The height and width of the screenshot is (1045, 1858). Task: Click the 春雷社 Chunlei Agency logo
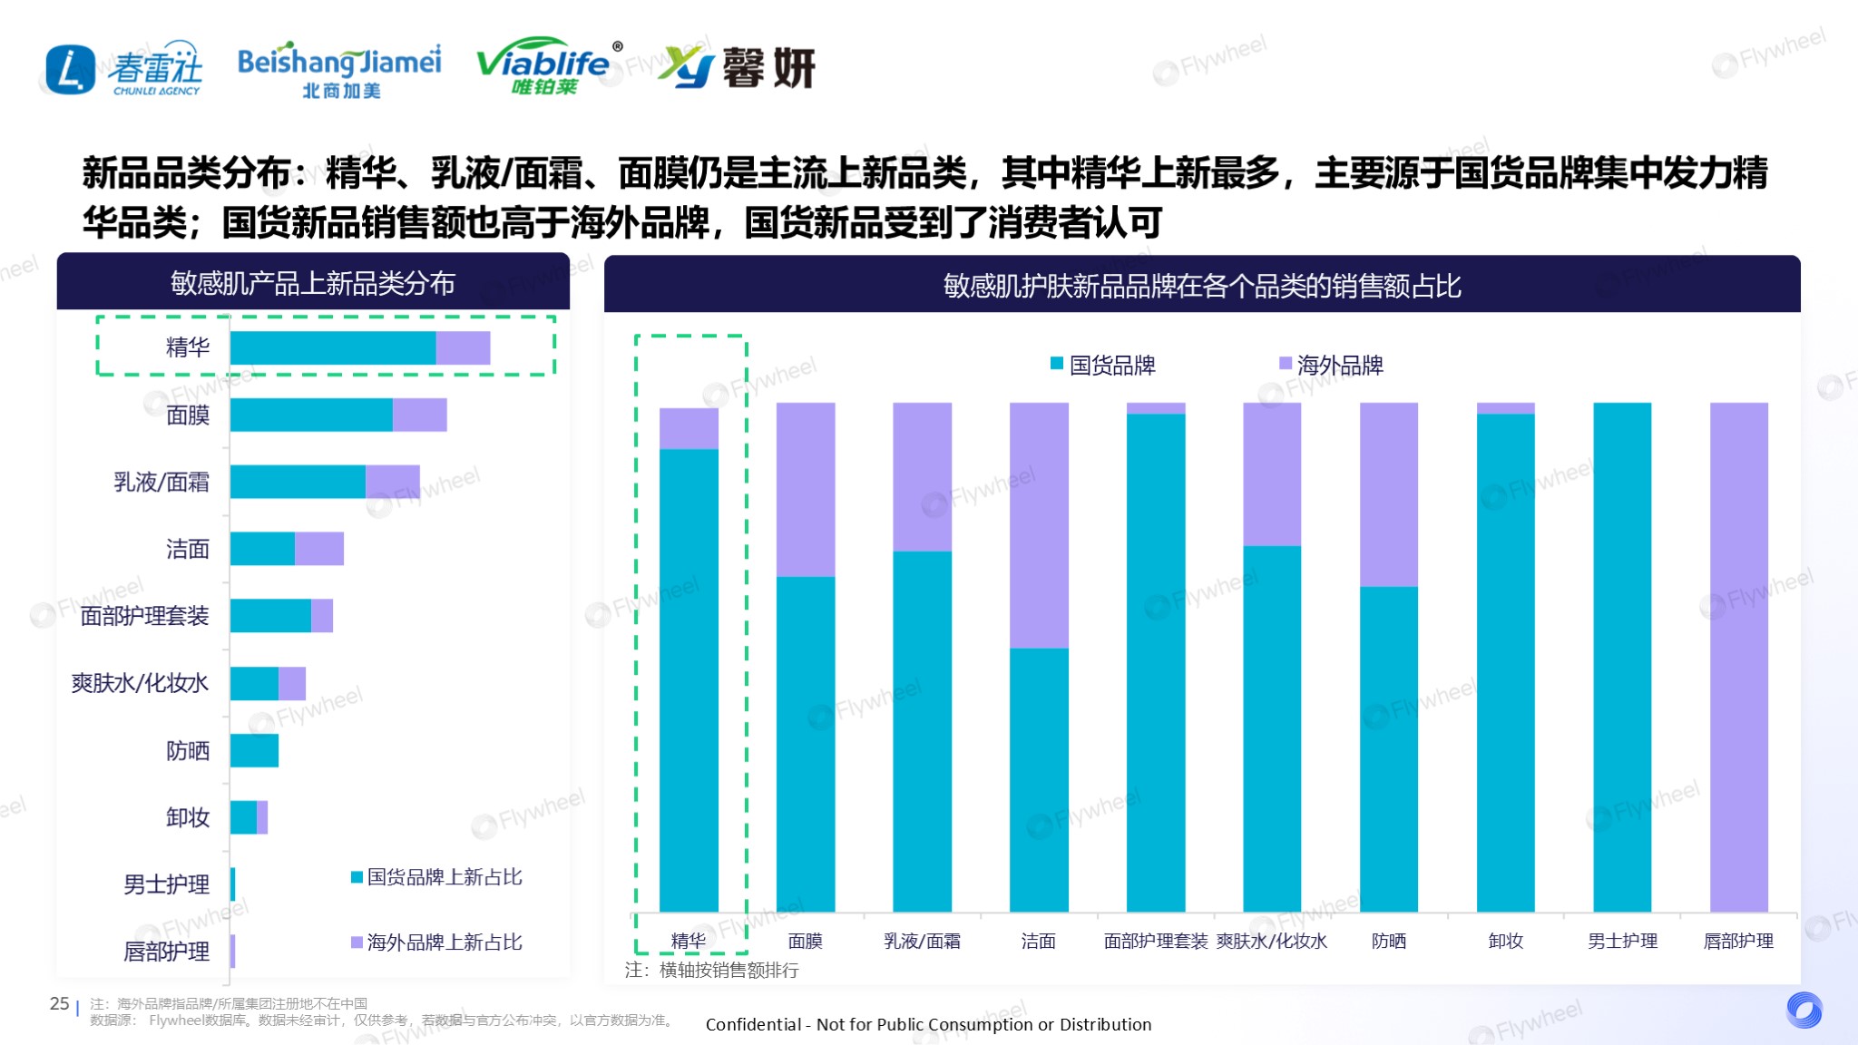(124, 69)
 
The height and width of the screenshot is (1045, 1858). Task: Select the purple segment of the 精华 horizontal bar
(463, 348)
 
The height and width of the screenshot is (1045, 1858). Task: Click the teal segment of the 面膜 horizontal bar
(311, 415)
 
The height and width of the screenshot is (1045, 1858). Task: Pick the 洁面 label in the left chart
(188, 549)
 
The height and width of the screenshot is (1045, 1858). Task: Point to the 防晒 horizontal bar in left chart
(254, 751)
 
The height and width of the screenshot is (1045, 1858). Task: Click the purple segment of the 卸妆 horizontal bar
(262, 817)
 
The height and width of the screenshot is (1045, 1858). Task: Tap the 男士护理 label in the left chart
(166, 884)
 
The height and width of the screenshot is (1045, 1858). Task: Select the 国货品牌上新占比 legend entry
(436, 877)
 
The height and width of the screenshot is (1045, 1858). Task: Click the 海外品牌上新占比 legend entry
(436, 942)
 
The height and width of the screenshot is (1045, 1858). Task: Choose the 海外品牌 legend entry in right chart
(1331, 366)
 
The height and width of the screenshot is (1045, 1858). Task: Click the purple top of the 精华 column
(689, 428)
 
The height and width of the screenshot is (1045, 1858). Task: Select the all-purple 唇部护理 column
(1738, 657)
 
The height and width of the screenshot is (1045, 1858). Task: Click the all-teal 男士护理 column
(1622, 657)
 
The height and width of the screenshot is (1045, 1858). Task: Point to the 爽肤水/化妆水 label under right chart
(1272, 942)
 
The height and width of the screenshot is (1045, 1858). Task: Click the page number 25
(59, 1004)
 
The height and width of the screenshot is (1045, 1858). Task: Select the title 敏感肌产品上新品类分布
(313, 284)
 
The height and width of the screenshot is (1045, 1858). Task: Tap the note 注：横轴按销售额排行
(712, 971)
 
